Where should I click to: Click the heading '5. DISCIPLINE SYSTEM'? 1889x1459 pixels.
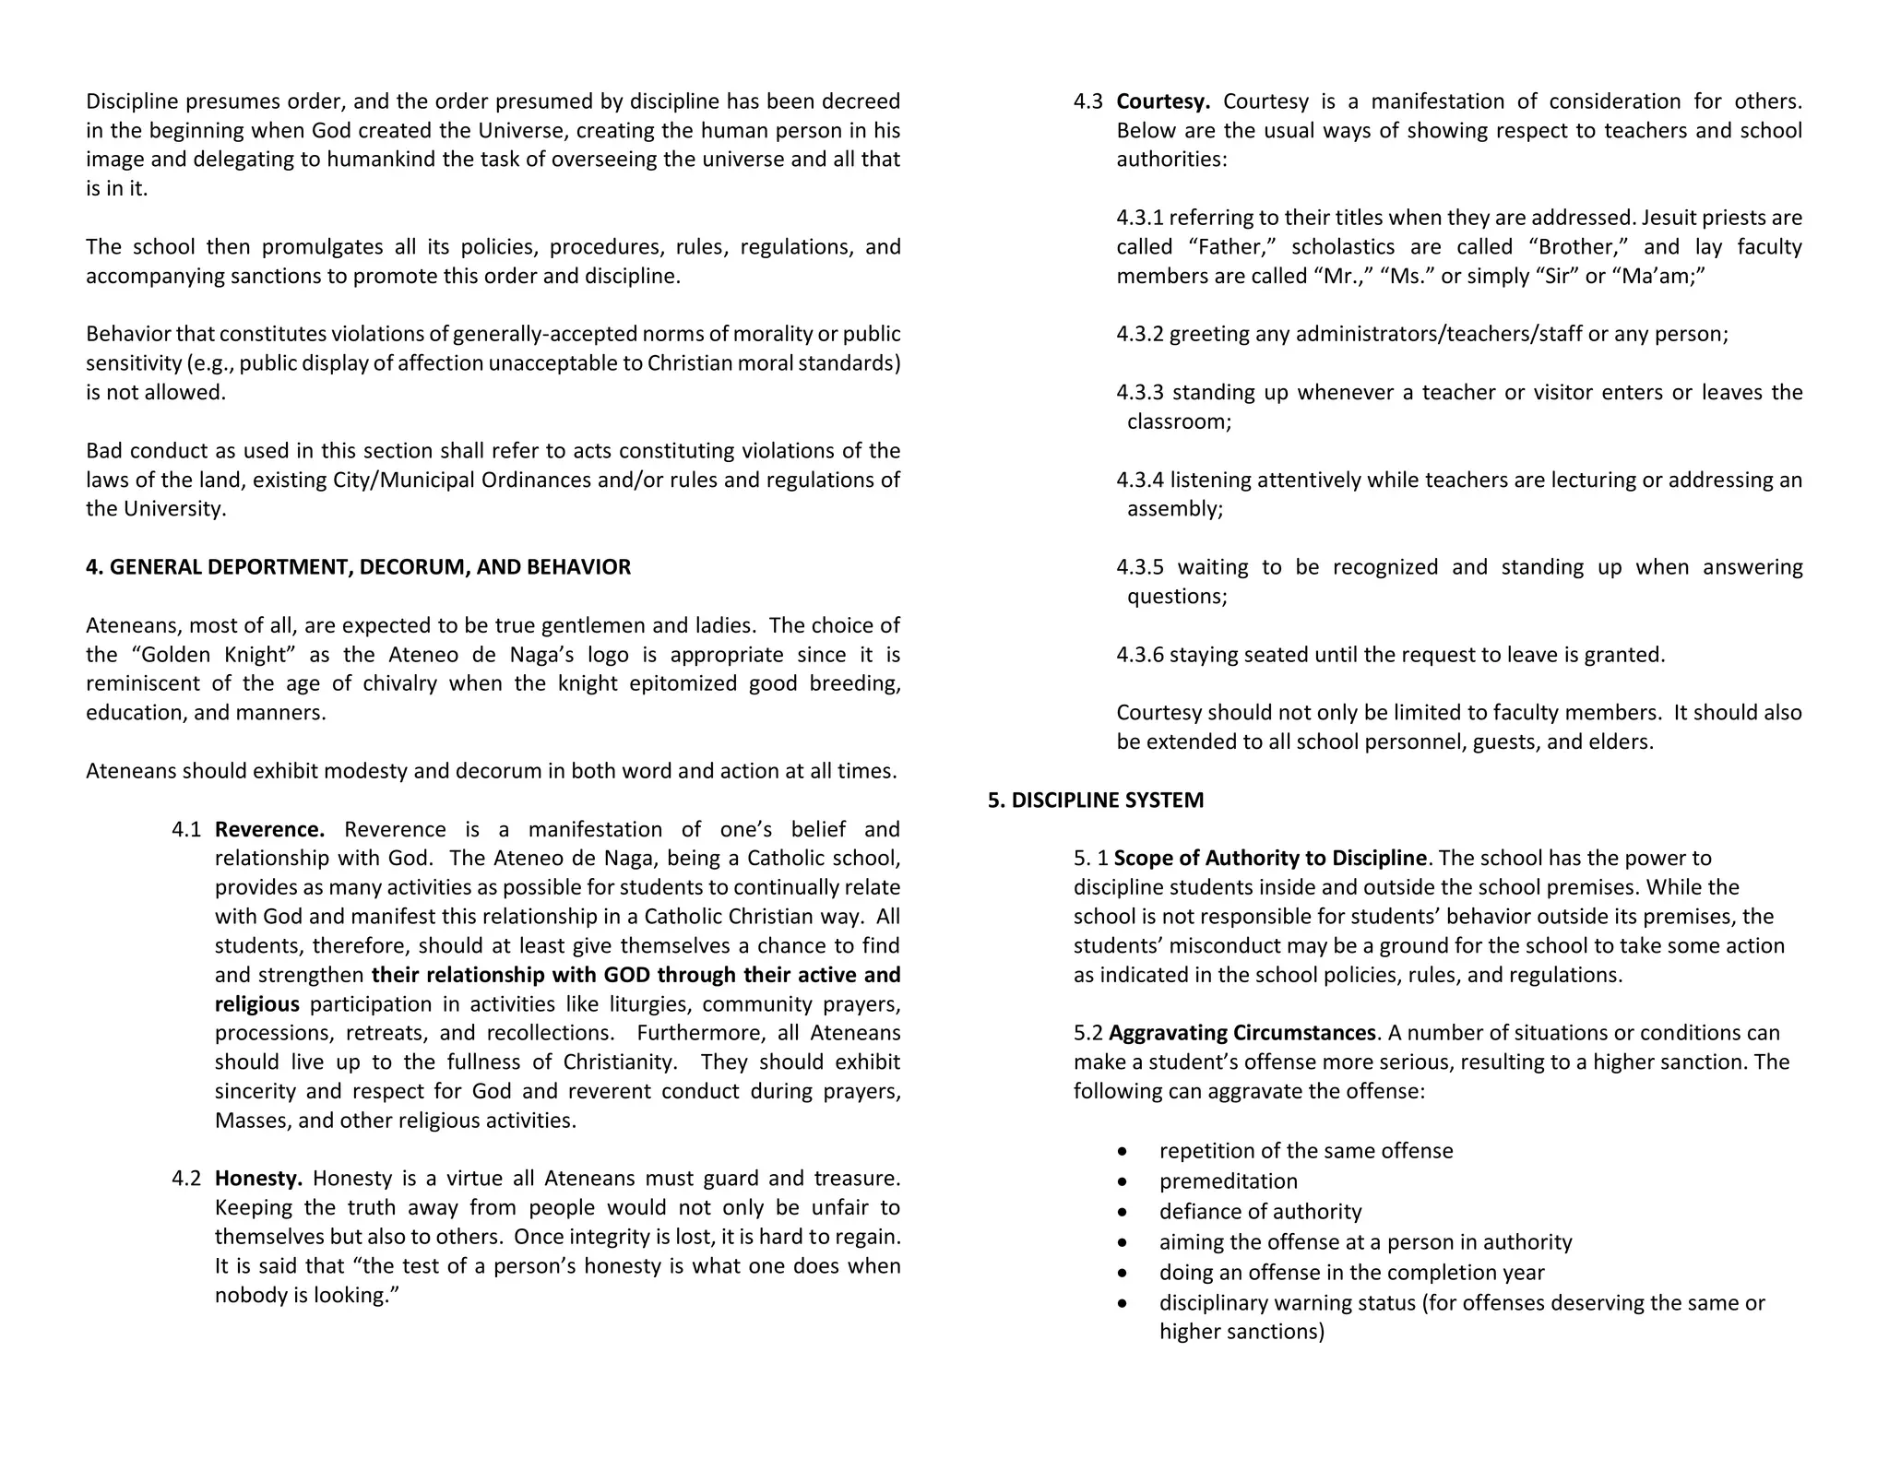coord(1095,800)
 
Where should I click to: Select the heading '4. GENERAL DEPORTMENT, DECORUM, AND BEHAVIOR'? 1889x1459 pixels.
coord(358,567)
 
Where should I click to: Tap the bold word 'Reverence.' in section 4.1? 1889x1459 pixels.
coord(269,829)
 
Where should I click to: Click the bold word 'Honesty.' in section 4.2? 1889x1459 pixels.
coord(258,1178)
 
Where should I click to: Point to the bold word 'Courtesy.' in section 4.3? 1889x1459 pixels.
coord(1162,101)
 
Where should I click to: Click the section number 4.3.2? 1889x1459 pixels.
coord(1140,334)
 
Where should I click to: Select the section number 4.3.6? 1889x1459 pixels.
coord(1140,655)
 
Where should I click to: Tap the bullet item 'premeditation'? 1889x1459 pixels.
coord(1228,1181)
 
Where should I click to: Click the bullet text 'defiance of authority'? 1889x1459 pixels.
coord(1260,1212)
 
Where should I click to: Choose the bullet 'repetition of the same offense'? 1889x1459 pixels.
coord(1305,1151)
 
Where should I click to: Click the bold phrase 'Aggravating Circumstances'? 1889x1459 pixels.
coord(1242,1033)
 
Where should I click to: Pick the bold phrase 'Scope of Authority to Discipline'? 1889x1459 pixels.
coord(1269,858)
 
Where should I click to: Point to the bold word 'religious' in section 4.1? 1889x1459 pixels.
coord(256,1003)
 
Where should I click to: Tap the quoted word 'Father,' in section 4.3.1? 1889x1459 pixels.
coord(1232,247)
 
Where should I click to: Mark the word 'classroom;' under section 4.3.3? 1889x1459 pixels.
coord(1179,421)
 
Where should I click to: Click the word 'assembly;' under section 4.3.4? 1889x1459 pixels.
coord(1174,509)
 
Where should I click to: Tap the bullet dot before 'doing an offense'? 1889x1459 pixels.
coord(1122,1273)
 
